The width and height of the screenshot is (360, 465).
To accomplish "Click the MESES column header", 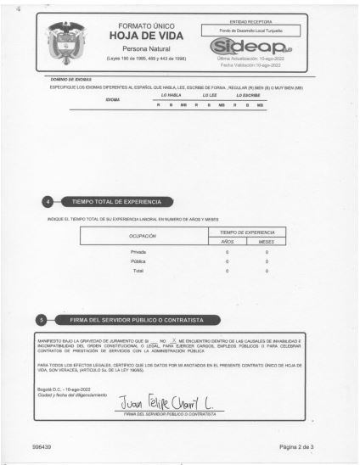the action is (x=266, y=242).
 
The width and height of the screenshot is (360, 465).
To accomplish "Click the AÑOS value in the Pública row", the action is (x=227, y=261).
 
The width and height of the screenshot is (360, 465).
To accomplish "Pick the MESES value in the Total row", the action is (x=266, y=271).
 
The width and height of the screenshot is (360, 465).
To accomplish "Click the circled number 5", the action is (x=42, y=320).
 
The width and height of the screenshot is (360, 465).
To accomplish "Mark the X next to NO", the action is (x=172, y=339).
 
